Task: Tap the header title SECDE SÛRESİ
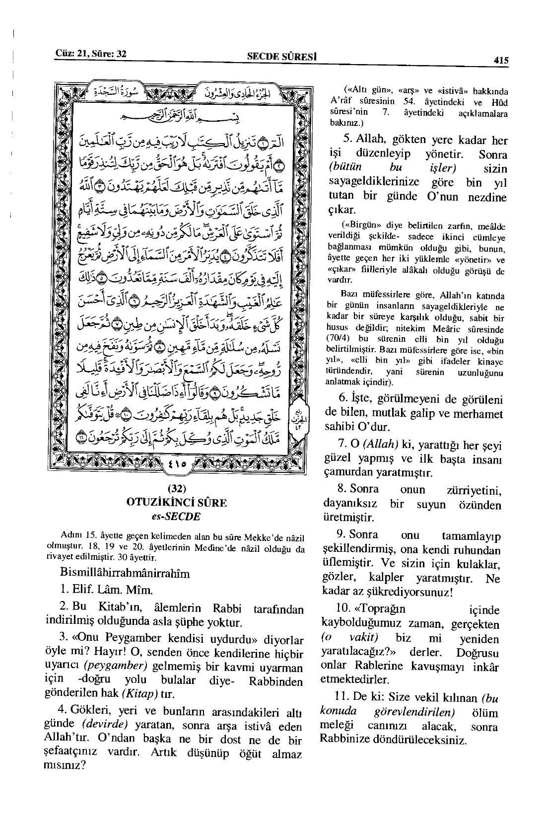point(282,56)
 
